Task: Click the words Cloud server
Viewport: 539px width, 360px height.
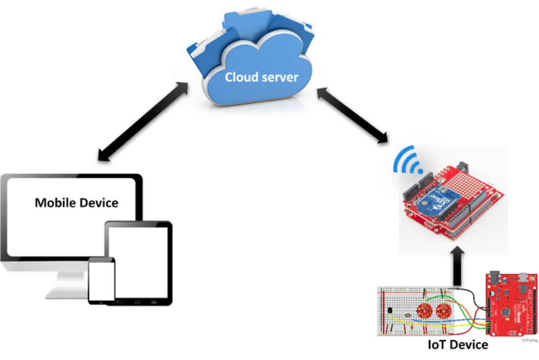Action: pyautogui.click(x=261, y=77)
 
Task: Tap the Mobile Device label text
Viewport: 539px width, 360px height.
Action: pyautogui.click(x=76, y=202)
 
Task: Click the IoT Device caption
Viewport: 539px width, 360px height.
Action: pyautogui.click(x=458, y=344)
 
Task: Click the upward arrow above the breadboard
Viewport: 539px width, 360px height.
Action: pyautogui.click(x=457, y=268)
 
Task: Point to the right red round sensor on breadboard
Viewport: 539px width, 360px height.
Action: pyautogui.click(x=444, y=311)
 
